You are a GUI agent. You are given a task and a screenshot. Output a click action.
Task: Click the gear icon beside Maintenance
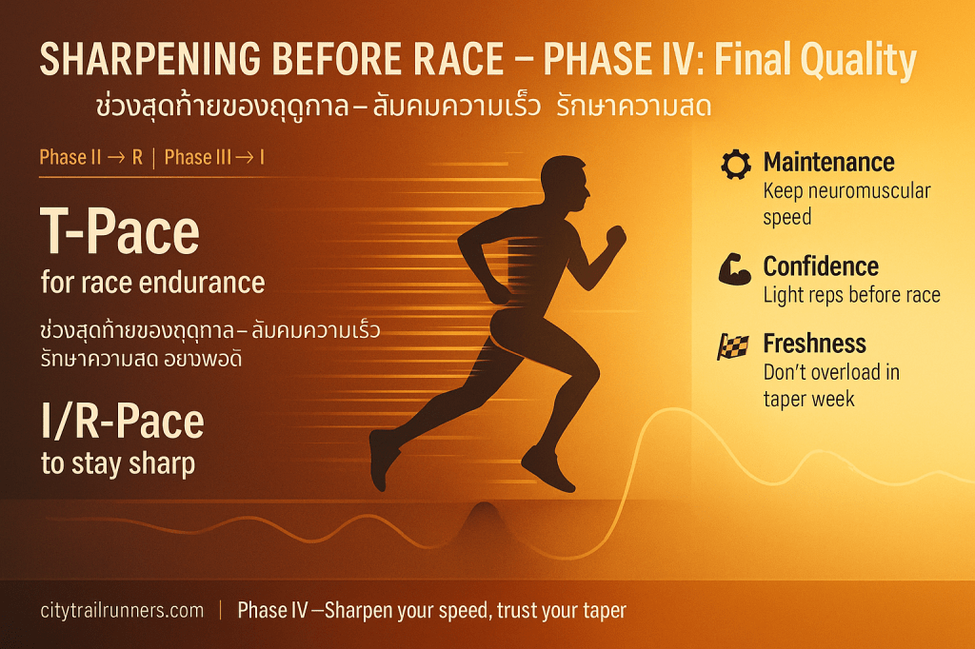click(x=736, y=164)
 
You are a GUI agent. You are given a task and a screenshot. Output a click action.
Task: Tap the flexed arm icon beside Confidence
click(x=734, y=268)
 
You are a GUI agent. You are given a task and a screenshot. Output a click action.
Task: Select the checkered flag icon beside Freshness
click(x=733, y=347)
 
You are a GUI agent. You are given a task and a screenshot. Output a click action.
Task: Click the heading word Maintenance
click(x=829, y=162)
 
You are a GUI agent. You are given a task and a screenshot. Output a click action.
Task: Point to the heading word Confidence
click(x=821, y=266)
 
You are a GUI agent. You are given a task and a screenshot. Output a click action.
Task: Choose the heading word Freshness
click(x=815, y=344)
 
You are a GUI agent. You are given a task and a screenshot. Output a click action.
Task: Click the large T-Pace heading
click(x=120, y=231)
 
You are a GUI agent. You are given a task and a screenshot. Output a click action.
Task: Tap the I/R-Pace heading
click(x=123, y=422)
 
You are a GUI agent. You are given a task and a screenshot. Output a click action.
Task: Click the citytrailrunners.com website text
click(x=122, y=610)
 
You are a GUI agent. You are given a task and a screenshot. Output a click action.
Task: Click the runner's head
click(x=564, y=183)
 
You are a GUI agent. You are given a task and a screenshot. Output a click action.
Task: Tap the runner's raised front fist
click(x=616, y=237)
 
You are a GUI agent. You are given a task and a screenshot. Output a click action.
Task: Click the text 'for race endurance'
click(x=153, y=283)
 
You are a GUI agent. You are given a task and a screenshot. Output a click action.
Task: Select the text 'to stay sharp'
click(x=118, y=464)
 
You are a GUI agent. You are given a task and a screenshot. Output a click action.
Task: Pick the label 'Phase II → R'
click(x=91, y=157)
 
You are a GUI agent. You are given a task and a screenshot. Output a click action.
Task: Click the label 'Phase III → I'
click(x=214, y=157)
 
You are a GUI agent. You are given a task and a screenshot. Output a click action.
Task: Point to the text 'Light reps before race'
click(x=852, y=295)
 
